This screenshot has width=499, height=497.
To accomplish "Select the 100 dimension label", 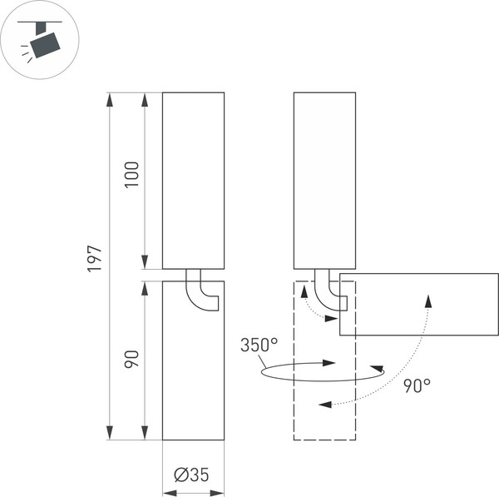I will (x=131, y=174).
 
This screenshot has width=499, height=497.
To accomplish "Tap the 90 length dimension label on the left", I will (x=131, y=360).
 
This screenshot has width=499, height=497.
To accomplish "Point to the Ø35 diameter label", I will (x=191, y=475).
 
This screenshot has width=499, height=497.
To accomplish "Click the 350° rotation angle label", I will (x=259, y=345).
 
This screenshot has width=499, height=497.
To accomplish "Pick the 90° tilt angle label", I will (x=417, y=385).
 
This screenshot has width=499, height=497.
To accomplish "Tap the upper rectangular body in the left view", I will (x=193, y=180).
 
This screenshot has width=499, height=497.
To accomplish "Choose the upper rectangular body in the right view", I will (x=324, y=180).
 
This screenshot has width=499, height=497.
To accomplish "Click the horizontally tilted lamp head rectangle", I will (x=418, y=304).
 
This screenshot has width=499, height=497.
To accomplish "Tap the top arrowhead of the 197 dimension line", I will (x=110, y=99).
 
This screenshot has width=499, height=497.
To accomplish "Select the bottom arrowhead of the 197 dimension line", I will (x=110, y=433).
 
